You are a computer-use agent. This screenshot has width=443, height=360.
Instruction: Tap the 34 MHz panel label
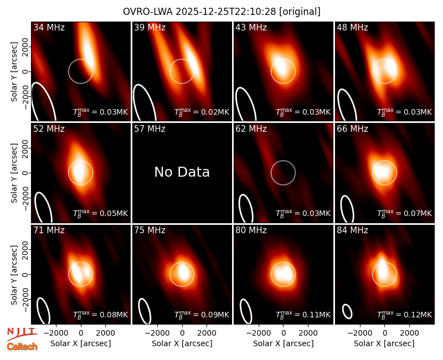(49, 27)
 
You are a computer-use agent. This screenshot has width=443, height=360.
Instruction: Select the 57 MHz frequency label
(150, 129)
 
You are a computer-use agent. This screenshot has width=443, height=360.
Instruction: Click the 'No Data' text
(182, 172)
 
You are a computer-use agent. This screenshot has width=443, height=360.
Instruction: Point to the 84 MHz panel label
(352, 230)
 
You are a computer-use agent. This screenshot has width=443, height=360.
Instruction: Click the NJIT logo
(22, 334)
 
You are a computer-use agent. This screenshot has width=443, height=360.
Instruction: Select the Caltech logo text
(22, 347)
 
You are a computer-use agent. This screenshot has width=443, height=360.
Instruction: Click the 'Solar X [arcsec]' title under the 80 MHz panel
(283, 343)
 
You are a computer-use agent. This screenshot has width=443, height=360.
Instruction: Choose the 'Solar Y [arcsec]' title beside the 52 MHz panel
(14, 173)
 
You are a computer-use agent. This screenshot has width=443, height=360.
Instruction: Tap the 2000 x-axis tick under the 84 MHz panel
(409, 333)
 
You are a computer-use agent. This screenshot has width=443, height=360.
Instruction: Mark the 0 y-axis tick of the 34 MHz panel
(26, 71)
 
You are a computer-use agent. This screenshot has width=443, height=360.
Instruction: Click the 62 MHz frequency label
(251, 129)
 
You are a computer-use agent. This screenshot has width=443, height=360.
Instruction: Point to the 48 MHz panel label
(352, 27)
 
